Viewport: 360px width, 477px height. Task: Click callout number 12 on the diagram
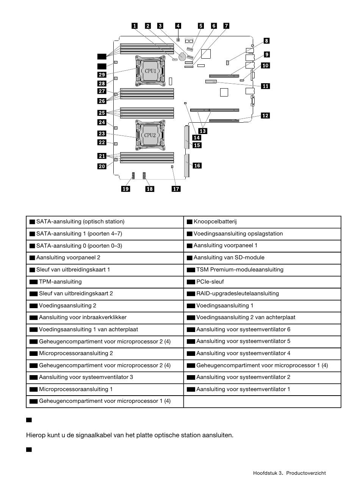[265, 115]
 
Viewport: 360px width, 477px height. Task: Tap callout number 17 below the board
[176, 189]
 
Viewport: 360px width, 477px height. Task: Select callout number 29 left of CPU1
[102, 75]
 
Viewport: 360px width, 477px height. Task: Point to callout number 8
[267, 41]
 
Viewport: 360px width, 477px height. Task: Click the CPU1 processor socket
[149, 71]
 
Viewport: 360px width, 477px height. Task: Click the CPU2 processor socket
[149, 135]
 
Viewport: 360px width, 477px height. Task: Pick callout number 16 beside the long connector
[197, 165]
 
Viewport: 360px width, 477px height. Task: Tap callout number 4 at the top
[178, 26]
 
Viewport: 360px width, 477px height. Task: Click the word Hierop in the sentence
[35, 435]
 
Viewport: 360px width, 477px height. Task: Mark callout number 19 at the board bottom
[125, 189]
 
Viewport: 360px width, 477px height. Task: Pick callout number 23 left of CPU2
[102, 134]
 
